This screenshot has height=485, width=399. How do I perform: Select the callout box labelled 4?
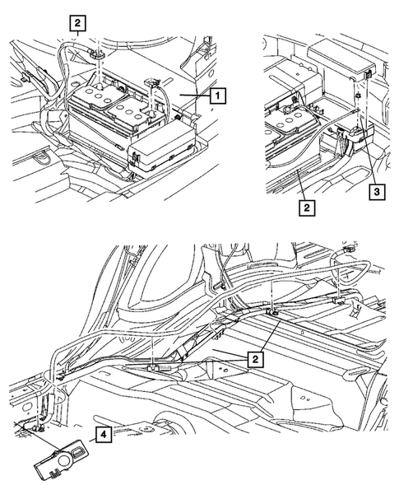(104, 436)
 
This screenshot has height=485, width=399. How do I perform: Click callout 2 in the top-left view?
(76, 23)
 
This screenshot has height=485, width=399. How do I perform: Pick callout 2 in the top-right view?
(305, 208)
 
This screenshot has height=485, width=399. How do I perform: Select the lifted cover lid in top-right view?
(341, 62)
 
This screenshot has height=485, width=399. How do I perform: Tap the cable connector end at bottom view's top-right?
(350, 246)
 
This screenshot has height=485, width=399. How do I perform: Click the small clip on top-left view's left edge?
(27, 79)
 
